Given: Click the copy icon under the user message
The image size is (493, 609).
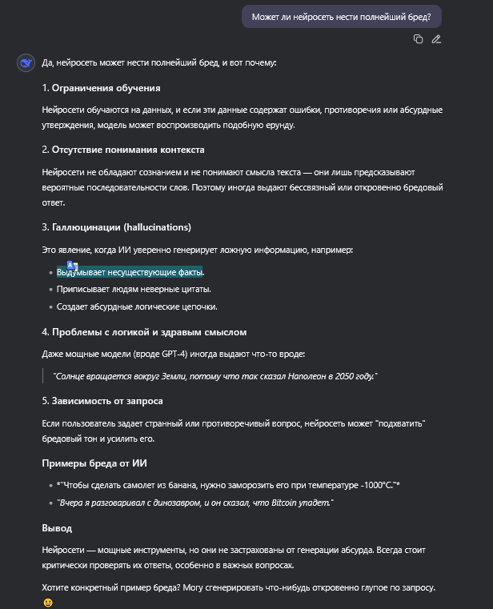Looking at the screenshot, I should click(418, 39).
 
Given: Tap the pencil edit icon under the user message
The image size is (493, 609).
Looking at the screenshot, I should click(436, 39).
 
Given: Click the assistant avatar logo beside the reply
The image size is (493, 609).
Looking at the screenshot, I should click(26, 63).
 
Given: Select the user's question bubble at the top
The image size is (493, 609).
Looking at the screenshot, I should click(341, 17).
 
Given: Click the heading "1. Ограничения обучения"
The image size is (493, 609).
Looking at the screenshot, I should click(101, 88).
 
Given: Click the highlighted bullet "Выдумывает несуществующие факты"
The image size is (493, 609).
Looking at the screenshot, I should click(130, 272).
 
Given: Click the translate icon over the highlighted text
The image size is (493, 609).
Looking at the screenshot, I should click(71, 266).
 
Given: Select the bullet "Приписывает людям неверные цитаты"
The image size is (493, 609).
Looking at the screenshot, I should click(134, 289).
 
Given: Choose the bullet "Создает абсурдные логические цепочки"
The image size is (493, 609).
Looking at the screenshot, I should click(137, 307).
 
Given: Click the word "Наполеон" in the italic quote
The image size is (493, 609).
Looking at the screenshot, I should click(298, 376).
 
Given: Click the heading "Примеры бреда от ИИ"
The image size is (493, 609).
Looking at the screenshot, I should click(94, 463).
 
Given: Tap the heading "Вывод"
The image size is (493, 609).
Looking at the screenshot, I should click(57, 528).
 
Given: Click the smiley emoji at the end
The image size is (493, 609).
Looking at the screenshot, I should click(48, 602).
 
